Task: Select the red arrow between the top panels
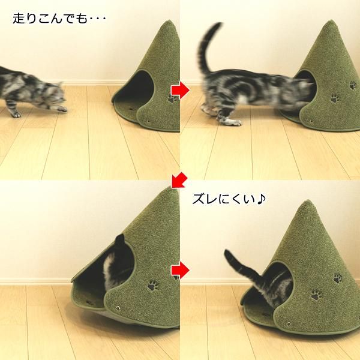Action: (179, 90)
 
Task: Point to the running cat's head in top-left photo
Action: (53, 93)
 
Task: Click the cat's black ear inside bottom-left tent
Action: (118, 241)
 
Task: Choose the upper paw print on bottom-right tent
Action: (337, 278)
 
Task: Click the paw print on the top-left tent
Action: (173, 97)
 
